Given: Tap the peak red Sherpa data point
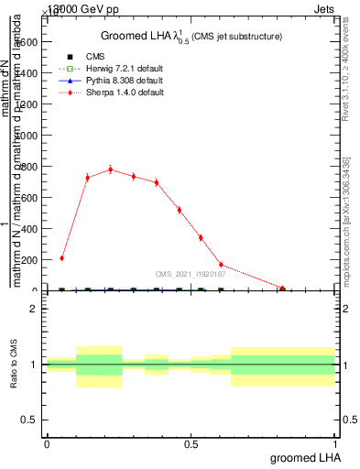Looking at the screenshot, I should tap(111, 169).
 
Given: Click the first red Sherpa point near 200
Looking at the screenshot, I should tap(61, 258).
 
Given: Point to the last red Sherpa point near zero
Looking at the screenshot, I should tap(283, 289).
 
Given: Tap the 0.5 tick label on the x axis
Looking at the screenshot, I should tap(191, 443).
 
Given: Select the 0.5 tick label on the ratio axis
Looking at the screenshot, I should tap(29, 420).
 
